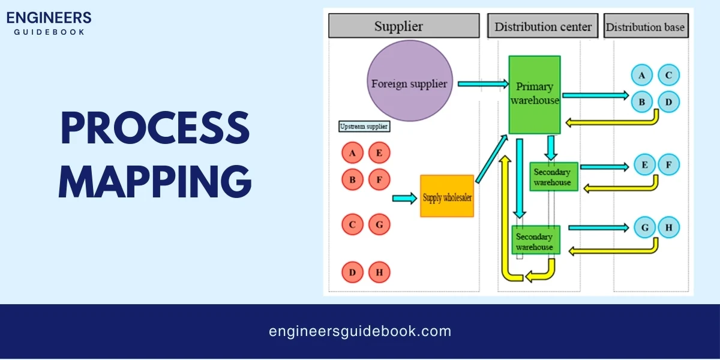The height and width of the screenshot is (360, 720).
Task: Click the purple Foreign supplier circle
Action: coord(409,83)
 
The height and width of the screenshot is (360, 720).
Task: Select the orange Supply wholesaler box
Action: coord(447,197)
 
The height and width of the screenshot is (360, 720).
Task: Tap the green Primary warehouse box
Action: coord(534,95)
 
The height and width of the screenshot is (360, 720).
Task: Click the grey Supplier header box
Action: coord(404,26)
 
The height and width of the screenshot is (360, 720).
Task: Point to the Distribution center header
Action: coord(542,26)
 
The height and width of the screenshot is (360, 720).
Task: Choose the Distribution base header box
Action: coord(645,26)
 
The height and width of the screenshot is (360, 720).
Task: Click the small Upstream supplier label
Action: coord(364,127)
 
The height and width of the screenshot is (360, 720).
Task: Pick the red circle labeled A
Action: coord(353,152)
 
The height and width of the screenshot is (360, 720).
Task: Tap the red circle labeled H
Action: coord(379,273)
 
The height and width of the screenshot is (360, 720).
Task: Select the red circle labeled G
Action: coord(379,225)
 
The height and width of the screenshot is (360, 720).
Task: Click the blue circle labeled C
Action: coord(668,76)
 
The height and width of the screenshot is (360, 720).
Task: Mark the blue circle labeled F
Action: coord(668,164)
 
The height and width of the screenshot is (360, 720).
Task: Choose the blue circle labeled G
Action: coord(645,227)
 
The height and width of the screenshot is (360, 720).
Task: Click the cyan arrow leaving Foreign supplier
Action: coord(482,84)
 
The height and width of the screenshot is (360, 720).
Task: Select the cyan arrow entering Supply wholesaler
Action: coord(404,197)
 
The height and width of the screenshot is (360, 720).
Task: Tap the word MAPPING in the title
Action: coord(154,179)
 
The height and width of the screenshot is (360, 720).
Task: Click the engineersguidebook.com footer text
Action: coord(360,331)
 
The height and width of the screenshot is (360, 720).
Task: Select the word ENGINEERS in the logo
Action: coord(49,17)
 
